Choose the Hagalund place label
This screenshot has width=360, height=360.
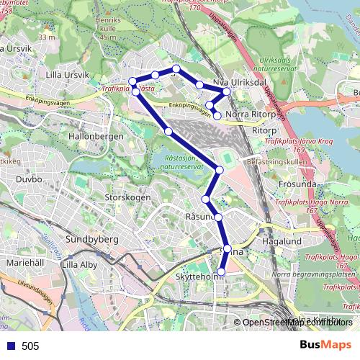click(x=282, y=243)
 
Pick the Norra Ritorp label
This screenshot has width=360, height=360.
click(x=253, y=114)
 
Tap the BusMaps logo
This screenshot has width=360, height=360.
click(x=325, y=345)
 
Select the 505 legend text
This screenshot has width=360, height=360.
click(x=30, y=346)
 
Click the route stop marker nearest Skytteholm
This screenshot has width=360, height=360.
click(x=221, y=271)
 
